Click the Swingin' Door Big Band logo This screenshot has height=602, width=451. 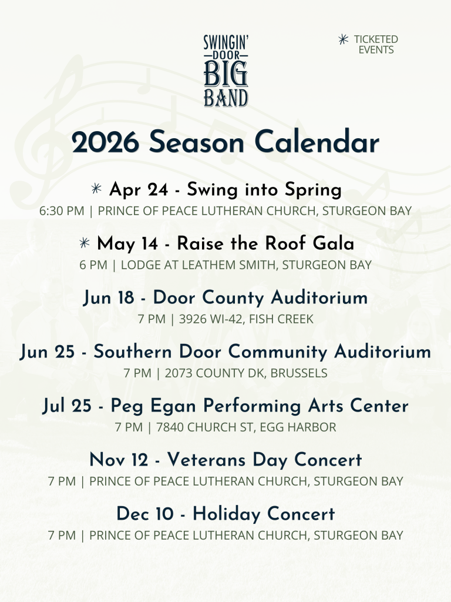click(x=226, y=71)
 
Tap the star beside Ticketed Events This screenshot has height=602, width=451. click(x=343, y=39)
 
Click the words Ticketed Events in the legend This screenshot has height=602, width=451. click(x=376, y=45)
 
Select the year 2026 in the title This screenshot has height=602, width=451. click(x=105, y=142)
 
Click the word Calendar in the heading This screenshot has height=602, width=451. click(x=317, y=142)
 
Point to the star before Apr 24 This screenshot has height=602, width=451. click(x=96, y=188)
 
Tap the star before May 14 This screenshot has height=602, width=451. click(x=85, y=243)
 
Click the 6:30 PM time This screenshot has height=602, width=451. click(x=62, y=211)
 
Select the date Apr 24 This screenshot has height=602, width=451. click(x=139, y=190)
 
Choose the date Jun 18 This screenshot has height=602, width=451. click(x=109, y=298)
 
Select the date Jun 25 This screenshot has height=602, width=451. click(x=47, y=352)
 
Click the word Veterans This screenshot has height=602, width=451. click(x=206, y=460)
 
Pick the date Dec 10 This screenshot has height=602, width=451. click(x=145, y=514)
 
